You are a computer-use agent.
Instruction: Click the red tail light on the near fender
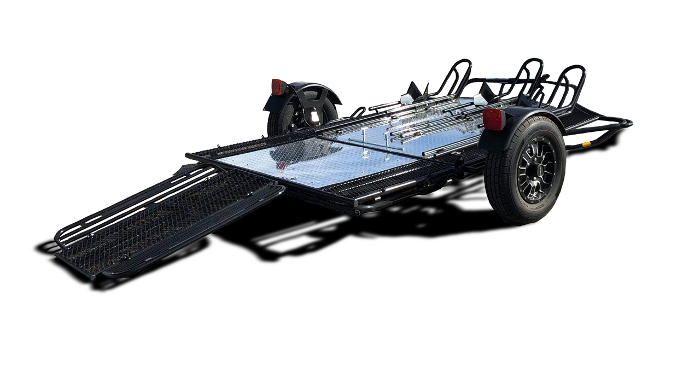coord(493,119)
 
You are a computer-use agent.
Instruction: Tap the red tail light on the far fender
coord(278,87)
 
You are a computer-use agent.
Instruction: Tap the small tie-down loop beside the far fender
coord(358,112)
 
